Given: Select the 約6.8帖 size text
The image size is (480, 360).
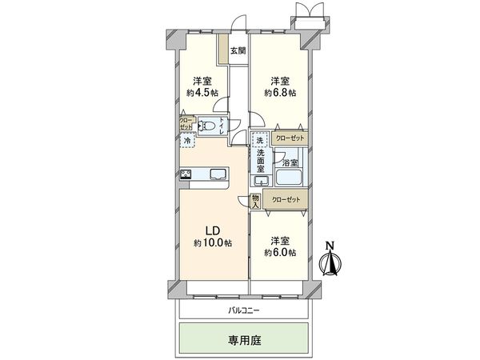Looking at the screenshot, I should click(280, 92).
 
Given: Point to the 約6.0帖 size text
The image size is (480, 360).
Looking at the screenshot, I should click(280, 252).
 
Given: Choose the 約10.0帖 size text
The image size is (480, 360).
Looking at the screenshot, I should click(212, 242).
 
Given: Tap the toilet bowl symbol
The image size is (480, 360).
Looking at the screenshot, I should click(210, 126).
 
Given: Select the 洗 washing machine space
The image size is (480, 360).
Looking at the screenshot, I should click(258, 141).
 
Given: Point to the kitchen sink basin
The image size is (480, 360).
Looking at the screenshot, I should click(218, 174).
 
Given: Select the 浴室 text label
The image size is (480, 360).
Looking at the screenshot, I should click(290, 161).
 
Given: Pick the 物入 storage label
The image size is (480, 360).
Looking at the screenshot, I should click(255, 201).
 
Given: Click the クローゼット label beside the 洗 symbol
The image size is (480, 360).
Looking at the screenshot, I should click(289, 138).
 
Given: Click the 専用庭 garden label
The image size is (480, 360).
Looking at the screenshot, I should click(245, 339).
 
